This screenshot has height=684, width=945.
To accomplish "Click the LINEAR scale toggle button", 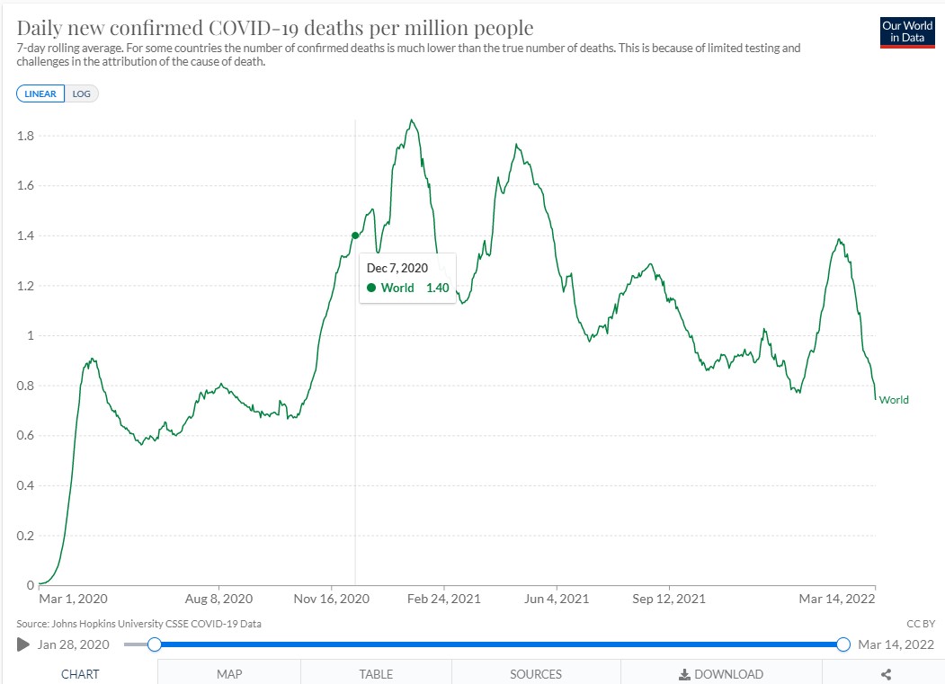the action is click(x=40, y=93).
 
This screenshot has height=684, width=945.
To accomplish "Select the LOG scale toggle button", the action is click(x=81, y=93).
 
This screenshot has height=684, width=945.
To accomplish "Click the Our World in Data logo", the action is click(x=907, y=32).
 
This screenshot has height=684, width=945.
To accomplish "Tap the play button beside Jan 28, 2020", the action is click(x=23, y=644).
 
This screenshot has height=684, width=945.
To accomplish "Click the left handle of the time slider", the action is click(x=155, y=644).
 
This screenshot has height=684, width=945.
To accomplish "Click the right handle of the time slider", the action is click(x=843, y=644).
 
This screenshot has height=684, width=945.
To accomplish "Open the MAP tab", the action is click(x=229, y=674).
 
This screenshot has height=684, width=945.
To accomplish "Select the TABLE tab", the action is click(x=376, y=674).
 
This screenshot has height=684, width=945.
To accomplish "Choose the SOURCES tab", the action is click(x=536, y=674).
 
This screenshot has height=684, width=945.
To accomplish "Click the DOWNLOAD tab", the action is click(x=721, y=674).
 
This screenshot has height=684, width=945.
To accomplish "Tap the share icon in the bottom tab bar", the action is click(x=886, y=674).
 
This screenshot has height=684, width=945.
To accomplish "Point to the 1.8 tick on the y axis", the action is click(x=25, y=136).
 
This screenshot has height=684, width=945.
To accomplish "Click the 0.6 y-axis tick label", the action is click(x=25, y=435).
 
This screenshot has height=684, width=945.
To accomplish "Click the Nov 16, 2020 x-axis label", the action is click(x=332, y=599).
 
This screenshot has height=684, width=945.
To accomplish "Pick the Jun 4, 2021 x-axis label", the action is click(x=557, y=599).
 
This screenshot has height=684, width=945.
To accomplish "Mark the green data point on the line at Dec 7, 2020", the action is click(x=355, y=235).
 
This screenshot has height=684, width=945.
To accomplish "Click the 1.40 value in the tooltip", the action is click(x=438, y=288).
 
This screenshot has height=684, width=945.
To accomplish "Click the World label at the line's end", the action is click(x=894, y=400).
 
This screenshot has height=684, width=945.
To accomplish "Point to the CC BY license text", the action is click(x=921, y=624).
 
